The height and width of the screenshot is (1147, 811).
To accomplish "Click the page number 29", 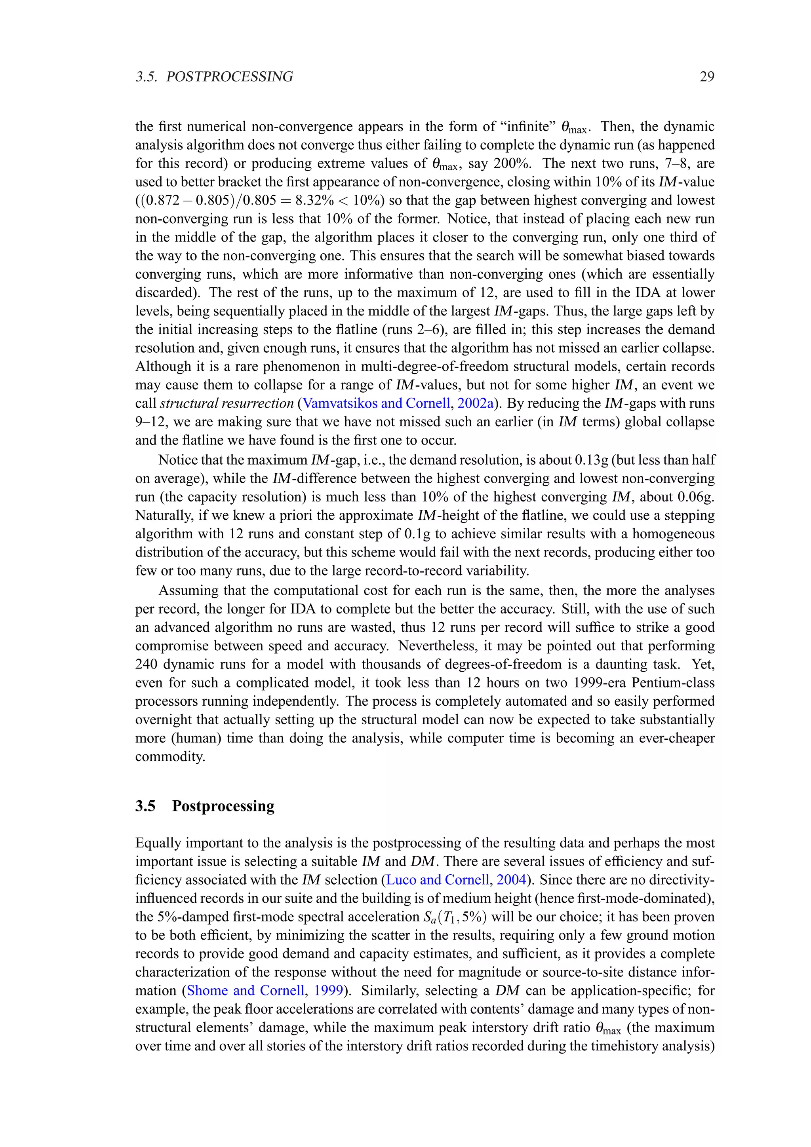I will point(706,76).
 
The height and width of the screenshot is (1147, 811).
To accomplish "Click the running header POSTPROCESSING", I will point(229,76).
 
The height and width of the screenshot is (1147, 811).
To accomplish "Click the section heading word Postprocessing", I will point(223,806).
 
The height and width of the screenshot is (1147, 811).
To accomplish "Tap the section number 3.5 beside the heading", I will point(145,806).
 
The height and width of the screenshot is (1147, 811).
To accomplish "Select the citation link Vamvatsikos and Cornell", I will point(376,403).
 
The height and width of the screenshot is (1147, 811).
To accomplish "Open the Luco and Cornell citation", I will point(437,880).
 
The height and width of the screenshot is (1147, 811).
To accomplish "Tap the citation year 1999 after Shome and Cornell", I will point(328,991).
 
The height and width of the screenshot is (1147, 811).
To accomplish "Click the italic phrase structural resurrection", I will point(227,403).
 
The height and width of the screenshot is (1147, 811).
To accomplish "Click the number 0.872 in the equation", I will point(162,200).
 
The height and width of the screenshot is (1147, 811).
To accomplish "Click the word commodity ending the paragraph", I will point(170,757).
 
